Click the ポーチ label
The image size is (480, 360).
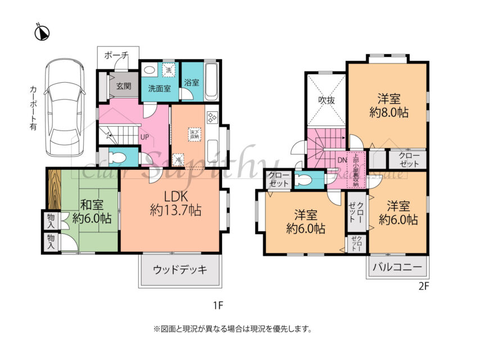[x=116, y=55]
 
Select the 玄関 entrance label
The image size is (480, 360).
[x=124, y=87]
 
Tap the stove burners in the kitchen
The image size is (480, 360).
[x=212, y=118]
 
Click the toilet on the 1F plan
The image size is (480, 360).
[x=117, y=158]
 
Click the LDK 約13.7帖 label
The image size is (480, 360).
[x=175, y=203]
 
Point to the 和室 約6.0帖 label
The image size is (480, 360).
[x=90, y=211]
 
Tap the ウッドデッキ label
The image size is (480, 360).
[x=179, y=269]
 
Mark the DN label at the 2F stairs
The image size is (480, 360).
[x=342, y=160]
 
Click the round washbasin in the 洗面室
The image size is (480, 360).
[x=149, y=70]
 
